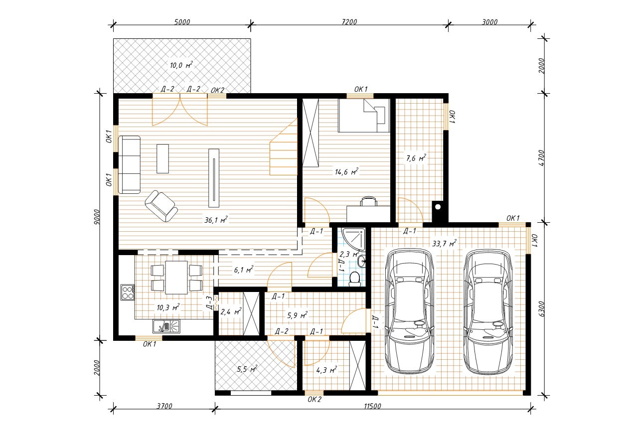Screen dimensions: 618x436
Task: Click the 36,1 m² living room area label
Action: point(216,220)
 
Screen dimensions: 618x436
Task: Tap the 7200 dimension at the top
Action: point(349,22)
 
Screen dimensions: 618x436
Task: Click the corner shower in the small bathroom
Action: point(353,239)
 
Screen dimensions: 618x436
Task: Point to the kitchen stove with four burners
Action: point(128,292)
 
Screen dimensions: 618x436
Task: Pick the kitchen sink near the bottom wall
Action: point(166,326)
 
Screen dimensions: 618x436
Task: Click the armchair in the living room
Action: point(161,206)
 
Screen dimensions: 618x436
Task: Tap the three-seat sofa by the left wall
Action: point(129,164)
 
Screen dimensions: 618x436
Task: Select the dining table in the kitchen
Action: point(176,278)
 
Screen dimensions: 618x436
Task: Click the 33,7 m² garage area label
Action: point(444,244)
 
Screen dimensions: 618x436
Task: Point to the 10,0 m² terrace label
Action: point(181,65)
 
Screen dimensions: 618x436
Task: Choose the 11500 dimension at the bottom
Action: point(372,406)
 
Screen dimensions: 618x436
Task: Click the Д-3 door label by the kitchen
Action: point(209,303)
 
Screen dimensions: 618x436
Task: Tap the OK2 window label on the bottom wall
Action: point(314,399)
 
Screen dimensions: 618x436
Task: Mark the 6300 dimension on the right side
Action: point(542,309)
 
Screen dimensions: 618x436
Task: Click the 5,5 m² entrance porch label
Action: point(247,369)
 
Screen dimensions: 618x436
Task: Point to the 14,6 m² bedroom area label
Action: point(346,172)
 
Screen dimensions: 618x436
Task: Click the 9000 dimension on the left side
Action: point(96,217)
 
